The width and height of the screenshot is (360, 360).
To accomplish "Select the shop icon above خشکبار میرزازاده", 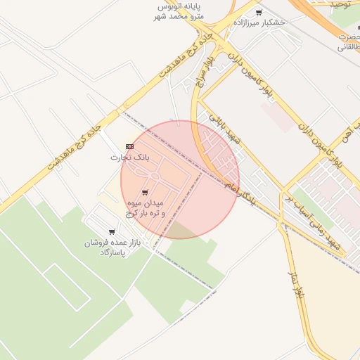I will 259,12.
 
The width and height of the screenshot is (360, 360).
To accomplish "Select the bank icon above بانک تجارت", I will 130,146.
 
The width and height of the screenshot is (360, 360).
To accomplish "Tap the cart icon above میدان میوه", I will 145,191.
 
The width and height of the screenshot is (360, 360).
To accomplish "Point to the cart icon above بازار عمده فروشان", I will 112,231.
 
